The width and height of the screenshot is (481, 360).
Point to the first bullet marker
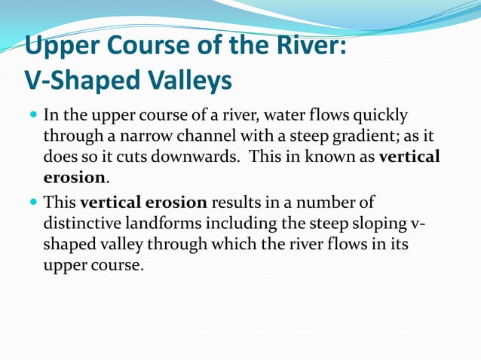[x=32, y=117]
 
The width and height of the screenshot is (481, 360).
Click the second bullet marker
[x=32, y=203]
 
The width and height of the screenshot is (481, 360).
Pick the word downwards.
[x=200, y=157]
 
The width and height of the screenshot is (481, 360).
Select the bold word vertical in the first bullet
[x=409, y=157]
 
